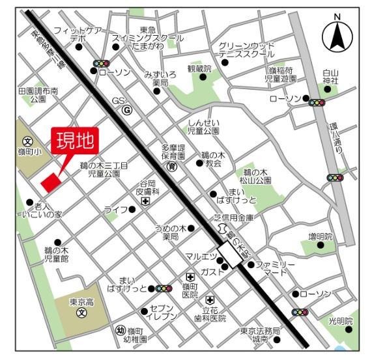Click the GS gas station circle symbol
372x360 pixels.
click(128, 111)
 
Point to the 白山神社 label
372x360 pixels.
click(332, 77)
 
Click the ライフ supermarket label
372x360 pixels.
click(115, 210)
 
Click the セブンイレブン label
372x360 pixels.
click(163, 312)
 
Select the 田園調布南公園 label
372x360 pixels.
click(38, 95)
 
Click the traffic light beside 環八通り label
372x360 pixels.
click(336, 178)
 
